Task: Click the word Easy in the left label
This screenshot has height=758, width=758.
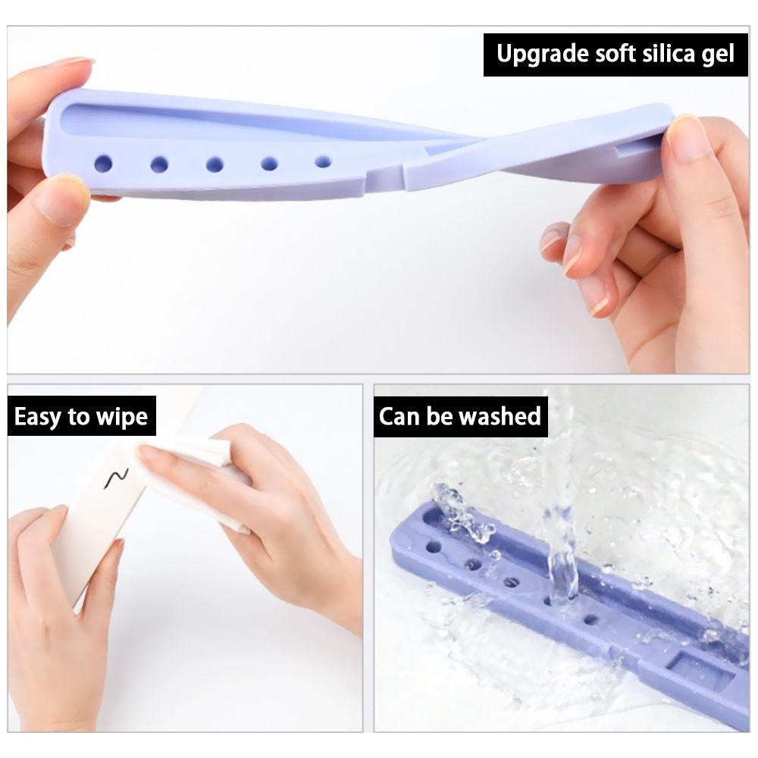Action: click(39, 416)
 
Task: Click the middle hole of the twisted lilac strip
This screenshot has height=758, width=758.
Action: click(215, 164)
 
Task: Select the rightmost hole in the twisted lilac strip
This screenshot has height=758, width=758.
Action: click(323, 161)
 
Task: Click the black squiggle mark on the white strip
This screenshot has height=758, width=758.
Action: click(116, 478)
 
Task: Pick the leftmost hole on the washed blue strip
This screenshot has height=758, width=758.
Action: click(434, 546)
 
